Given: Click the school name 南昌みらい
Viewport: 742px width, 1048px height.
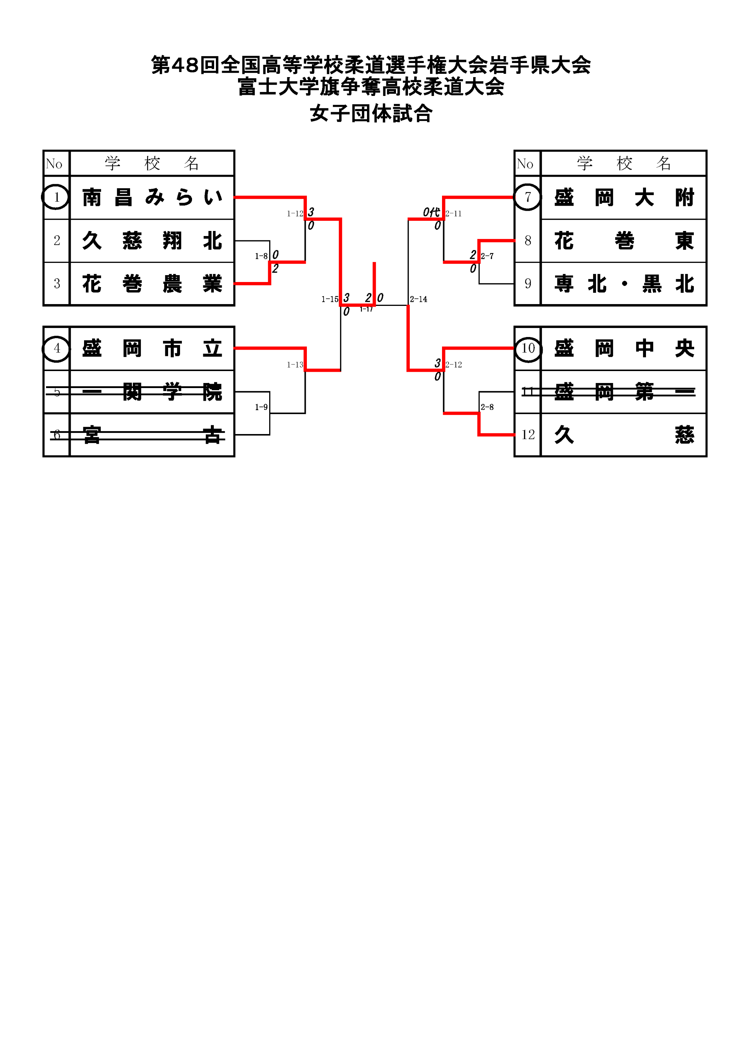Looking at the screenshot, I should (152, 198).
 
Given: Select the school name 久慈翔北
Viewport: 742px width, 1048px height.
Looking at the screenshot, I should (152, 240).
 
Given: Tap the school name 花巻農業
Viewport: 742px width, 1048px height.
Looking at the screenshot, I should (152, 283).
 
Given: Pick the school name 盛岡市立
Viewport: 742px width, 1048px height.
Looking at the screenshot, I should (152, 348).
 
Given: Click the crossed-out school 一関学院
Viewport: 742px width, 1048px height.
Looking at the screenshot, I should (152, 392).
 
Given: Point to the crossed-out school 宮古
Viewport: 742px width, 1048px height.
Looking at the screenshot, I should (152, 434).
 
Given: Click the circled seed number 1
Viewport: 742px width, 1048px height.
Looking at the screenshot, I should (56, 197).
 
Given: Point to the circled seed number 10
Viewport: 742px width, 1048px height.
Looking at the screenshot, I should (528, 349).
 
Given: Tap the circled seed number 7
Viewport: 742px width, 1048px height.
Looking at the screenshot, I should (528, 197).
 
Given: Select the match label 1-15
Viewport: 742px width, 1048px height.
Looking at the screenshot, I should (330, 299).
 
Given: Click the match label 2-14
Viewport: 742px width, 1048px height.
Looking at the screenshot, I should (418, 299).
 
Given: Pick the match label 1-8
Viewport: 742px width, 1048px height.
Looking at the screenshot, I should (261, 256).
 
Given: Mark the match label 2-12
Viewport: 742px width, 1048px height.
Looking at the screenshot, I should (454, 365).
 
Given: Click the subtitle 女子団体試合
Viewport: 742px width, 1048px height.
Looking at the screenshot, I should (371, 114).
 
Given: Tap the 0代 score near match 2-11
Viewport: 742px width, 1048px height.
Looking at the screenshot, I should (431, 212).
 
